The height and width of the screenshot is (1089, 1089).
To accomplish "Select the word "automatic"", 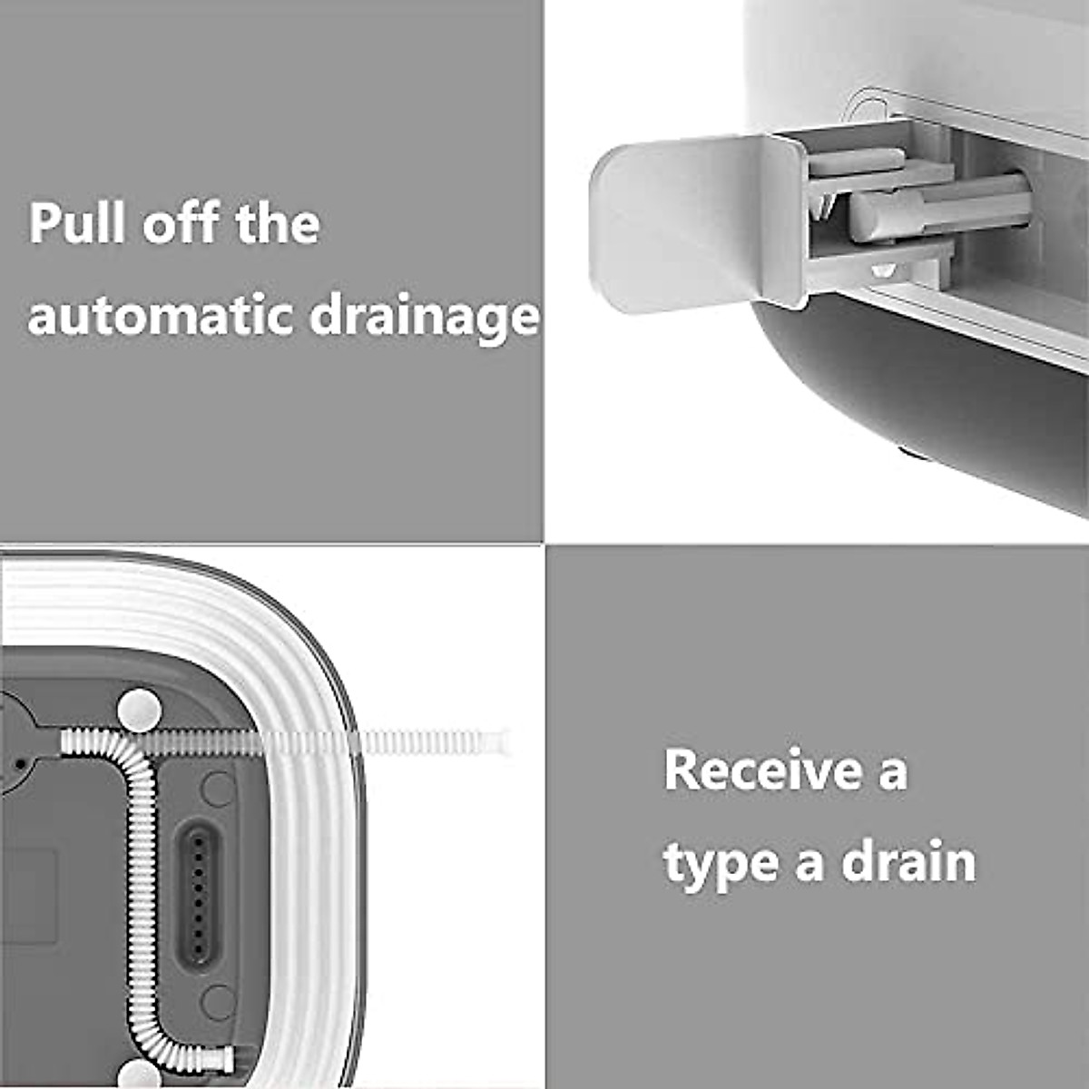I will [x=160, y=316].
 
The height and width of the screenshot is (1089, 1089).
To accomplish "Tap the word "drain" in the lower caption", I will [x=908, y=862].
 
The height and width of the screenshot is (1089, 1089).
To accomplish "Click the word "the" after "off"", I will [x=278, y=222].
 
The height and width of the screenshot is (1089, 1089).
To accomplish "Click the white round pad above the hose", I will [x=139, y=710].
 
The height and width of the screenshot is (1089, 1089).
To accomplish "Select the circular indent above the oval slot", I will [x=218, y=789].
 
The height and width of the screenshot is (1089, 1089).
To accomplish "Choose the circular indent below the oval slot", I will [x=218, y=1002].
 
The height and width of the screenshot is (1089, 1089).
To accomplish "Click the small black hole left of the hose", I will [x=20, y=763].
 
